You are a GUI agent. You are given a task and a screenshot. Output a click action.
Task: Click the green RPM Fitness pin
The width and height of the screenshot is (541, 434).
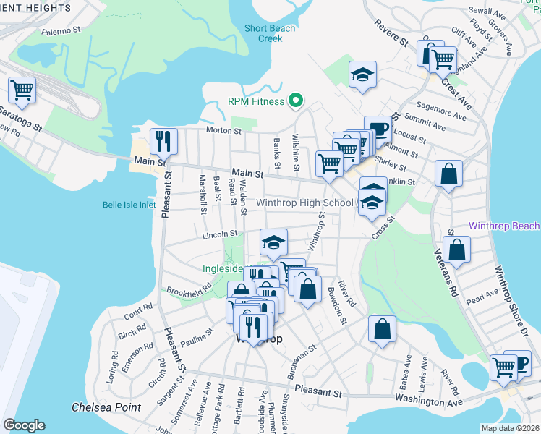295,101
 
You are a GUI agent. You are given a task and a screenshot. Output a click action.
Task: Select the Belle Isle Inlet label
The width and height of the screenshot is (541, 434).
128,205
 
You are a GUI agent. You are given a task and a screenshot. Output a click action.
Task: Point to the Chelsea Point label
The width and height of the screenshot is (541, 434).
106,407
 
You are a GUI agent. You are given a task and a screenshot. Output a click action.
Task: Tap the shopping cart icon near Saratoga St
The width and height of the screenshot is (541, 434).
22,90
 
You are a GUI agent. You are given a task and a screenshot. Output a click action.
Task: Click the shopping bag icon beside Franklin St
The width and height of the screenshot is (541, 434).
448,174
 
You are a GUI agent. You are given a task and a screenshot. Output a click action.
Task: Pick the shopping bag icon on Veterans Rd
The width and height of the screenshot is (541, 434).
457,249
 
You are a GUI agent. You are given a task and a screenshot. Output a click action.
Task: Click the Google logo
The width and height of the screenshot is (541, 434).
24,425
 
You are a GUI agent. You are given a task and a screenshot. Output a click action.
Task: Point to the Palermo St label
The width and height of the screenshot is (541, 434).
59,31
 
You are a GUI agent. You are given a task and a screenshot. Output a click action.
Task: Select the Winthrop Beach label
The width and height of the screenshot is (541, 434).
504,226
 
